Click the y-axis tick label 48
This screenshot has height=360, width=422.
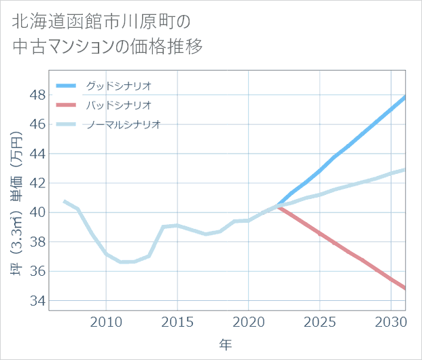(x=37, y=95)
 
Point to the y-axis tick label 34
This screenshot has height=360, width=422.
(x=37, y=300)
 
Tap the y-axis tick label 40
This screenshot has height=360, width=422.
(x=37, y=213)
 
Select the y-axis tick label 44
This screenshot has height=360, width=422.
(x=37, y=154)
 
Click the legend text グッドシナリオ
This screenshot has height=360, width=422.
(x=118, y=86)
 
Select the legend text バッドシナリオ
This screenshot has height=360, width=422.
(x=118, y=105)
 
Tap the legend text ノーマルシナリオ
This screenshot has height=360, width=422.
(x=123, y=124)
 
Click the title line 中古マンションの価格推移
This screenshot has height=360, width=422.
(x=107, y=47)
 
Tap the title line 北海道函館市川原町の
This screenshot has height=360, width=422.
(x=101, y=21)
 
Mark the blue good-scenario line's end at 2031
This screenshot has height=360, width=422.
(x=405, y=96)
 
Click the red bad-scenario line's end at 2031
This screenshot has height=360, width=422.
(x=405, y=288)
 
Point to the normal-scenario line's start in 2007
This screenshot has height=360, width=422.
(x=64, y=201)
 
